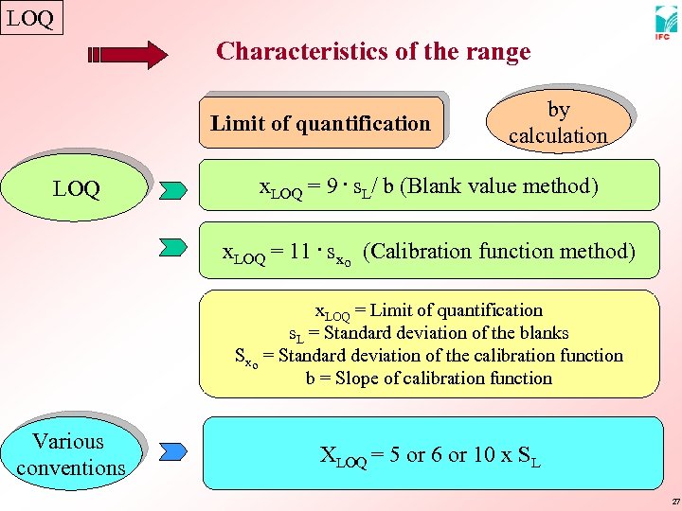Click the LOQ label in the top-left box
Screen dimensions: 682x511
pos(31,18)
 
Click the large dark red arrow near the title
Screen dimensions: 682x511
pos(128,55)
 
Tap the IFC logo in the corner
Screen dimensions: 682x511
pos(665,23)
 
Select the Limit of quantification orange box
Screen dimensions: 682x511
pos(320,123)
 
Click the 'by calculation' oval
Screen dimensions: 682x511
pos(557,123)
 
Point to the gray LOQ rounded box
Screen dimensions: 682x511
pos(77,189)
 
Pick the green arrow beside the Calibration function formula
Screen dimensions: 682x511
pos(174,248)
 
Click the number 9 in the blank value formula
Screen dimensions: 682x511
pos(331,185)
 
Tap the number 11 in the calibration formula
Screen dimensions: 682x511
pos(301,251)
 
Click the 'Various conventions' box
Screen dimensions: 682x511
pos(70,454)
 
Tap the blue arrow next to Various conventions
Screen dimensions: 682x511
pos(174,452)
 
